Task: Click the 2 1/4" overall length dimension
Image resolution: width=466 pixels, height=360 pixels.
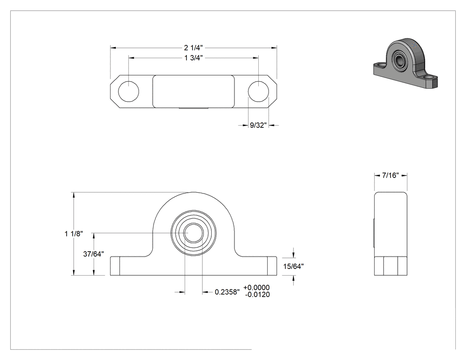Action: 194,47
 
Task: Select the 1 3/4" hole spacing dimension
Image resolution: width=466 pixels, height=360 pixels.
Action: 194,58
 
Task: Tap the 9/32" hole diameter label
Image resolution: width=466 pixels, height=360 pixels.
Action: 258,125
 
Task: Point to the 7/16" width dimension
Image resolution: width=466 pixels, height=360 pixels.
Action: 390,175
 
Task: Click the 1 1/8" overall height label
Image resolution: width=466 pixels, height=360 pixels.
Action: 74,233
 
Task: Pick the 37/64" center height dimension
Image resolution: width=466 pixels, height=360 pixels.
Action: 93,254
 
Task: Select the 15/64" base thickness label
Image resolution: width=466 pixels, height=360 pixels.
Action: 293,266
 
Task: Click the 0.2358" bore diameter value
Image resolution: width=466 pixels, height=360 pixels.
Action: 227,292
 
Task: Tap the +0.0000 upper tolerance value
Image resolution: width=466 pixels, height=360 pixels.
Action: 257,288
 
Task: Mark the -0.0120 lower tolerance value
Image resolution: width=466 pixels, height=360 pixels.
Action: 257,295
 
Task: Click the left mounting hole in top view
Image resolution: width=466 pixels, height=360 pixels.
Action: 128,91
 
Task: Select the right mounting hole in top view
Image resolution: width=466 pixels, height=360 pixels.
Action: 258,91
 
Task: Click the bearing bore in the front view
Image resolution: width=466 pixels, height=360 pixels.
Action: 194,233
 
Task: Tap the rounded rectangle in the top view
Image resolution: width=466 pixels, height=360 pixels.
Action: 194,91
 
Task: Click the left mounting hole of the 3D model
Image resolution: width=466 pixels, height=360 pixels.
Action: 379,64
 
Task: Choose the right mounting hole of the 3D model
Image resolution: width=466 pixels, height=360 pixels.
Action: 428,77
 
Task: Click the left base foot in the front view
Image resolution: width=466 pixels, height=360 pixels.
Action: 115,266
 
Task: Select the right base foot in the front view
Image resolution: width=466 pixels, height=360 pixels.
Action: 272,266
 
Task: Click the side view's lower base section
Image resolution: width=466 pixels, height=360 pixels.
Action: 391,266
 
